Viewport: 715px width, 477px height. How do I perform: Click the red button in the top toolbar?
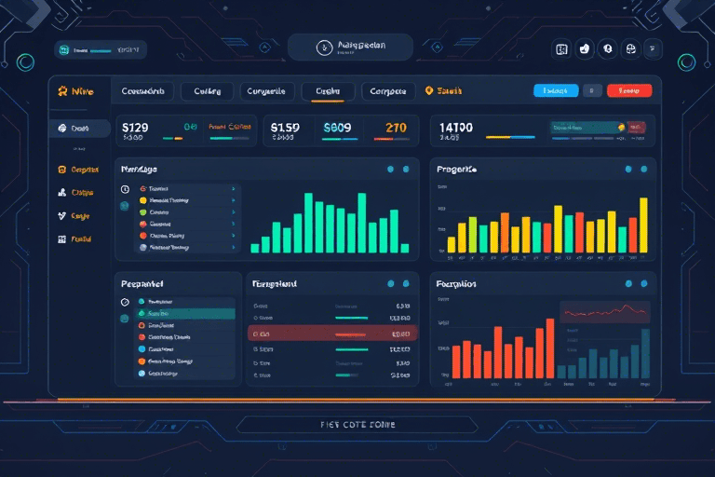coord(629,90)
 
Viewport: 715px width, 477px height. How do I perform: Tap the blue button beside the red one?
coord(556,90)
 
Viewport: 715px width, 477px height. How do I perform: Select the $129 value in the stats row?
coord(136,127)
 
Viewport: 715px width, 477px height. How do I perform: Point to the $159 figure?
coord(285,127)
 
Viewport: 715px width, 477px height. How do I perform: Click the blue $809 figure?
coord(337,127)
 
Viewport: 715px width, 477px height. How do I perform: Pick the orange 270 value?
coord(396,127)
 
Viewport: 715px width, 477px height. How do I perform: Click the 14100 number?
coord(456,127)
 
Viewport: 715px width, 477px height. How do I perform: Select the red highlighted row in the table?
coord(332,333)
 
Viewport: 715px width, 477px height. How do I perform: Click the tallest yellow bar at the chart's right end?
coord(642,225)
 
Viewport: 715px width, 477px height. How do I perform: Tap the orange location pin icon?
coord(429,91)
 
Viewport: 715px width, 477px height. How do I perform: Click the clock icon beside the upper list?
coord(126,188)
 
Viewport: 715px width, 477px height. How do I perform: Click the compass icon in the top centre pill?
coord(324,47)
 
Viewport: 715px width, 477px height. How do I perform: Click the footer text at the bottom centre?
coord(357,425)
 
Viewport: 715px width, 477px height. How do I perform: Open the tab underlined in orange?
coord(328,91)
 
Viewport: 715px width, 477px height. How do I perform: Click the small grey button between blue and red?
coord(592,90)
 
